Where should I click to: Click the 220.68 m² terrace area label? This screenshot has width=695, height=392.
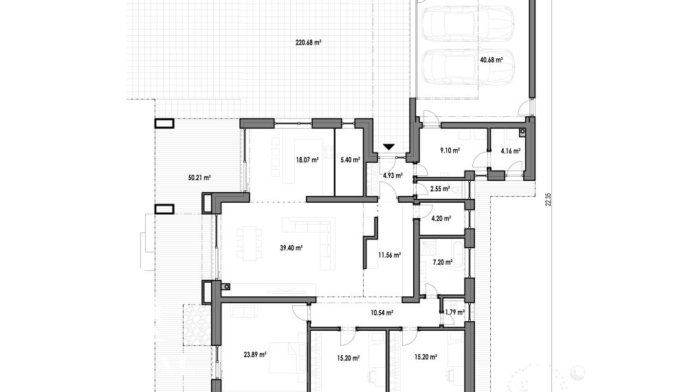(308, 43)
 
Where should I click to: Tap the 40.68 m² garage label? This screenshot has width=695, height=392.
(491, 60)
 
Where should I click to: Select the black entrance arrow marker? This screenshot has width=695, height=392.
(388, 146)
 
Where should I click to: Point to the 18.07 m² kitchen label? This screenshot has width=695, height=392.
(307, 160)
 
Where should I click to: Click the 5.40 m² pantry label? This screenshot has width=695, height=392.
(350, 160)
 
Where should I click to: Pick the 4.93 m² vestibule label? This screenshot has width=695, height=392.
(393, 175)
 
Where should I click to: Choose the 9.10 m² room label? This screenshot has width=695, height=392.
(450, 151)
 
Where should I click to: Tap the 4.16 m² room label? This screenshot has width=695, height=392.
(511, 151)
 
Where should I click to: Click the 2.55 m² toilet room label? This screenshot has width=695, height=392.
(440, 188)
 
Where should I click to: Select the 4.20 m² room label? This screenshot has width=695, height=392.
(441, 218)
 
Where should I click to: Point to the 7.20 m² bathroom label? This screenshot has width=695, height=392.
(442, 263)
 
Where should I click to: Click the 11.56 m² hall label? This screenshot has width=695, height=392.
(390, 255)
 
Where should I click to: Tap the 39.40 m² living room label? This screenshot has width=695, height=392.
(291, 248)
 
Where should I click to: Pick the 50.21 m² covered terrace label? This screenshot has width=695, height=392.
(199, 178)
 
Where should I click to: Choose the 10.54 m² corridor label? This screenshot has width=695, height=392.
(382, 313)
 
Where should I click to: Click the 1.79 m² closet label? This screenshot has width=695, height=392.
(455, 312)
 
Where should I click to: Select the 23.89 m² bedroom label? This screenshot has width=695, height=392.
(255, 355)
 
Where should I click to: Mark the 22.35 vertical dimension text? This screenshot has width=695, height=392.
(549, 199)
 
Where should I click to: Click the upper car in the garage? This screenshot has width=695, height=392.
(468, 23)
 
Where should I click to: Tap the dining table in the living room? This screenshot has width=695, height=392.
(250, 242)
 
